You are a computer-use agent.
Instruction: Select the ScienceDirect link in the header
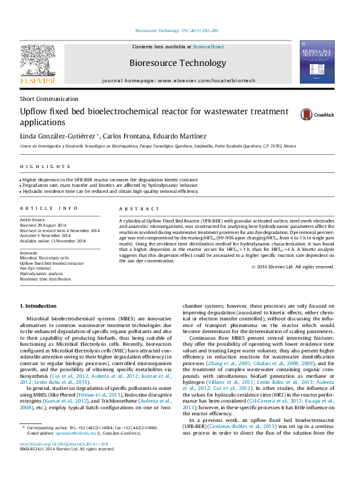[x=208, y=47]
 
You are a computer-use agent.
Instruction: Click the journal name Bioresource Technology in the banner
[x=177, y=63]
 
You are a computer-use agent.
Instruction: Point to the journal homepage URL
[x=208, y=80]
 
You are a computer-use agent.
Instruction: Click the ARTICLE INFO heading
[x=49, y=208]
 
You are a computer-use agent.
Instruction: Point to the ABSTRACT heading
[x=136, y=208]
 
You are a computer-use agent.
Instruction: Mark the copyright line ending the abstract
[x=292, y=267]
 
